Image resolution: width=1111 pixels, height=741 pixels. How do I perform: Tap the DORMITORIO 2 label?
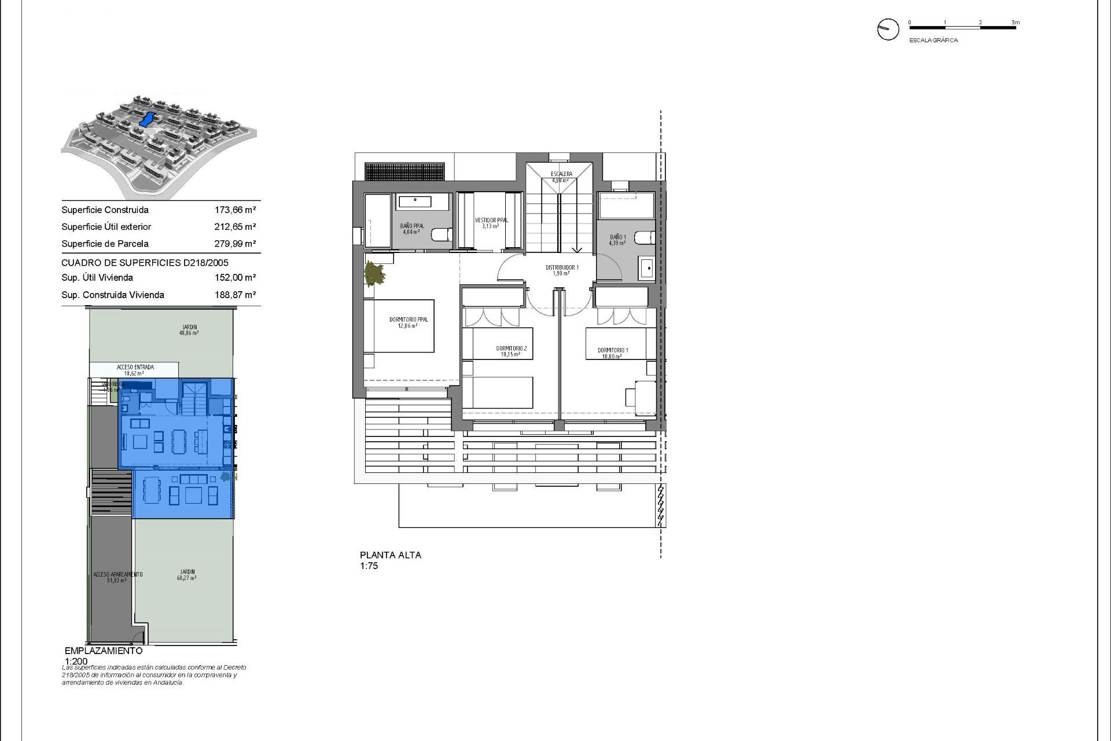pyautogui.click(x=511, y=349)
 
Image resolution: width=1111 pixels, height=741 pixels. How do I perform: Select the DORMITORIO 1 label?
pyautogui.click(x=612, y=351)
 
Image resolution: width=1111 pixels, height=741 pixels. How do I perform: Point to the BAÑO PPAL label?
pyautogui.click(x=412, y=226)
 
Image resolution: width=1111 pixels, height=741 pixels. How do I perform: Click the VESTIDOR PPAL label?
pyautogui.click(x=491, y=221)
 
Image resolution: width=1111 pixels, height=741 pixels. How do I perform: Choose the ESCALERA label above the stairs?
pyautogui.click(x=561, y=174)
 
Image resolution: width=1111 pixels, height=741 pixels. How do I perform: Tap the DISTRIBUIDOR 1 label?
pyautogui.click(x=561, y=268)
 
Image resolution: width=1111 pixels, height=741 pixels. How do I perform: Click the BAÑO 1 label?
pyautogui.click(x=617, y=237)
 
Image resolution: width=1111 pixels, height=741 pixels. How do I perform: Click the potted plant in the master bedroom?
pyautogui.click(x=374, y=273)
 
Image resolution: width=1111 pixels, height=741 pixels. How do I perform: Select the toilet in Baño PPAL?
pyautogui.click(x=442, y=236)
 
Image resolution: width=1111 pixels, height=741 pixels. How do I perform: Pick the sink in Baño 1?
pyautogui.click(x=648, y=269)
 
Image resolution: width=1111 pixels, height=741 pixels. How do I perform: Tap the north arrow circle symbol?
pyautogui.click(x=888, y=29)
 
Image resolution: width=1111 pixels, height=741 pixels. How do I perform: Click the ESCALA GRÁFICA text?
pyautogui.click(x=933, y=41)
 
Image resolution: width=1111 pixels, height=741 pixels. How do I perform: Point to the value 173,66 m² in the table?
pyautogui.click(x=235, y=210)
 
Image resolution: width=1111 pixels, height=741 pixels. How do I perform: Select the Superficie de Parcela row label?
pyautogui.click(x=105, y=244)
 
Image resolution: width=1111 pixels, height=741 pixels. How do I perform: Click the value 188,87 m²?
pyautogui.click(x=235, y=295)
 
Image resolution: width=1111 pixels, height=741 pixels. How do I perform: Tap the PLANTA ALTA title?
pyautogui.click(x=391, y=555)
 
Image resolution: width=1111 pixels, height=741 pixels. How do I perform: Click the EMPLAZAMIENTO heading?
pyautogui.click(x=104, y=651)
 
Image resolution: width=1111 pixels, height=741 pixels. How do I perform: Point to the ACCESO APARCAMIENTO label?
pyautogui.click(x=117, y=575)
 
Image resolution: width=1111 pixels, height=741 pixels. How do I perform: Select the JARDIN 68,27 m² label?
pyautogui.click(x=187, y=574)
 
